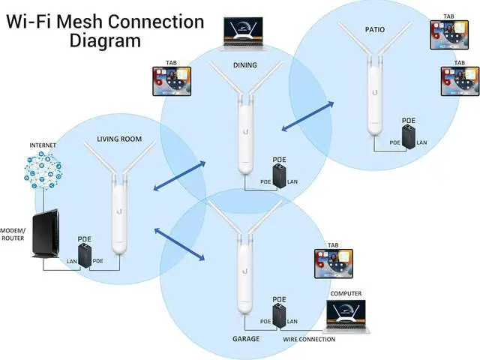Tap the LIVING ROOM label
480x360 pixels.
click(121, 139)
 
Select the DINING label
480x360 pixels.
click(244, 65)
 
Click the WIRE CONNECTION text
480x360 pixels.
click(310, 340)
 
